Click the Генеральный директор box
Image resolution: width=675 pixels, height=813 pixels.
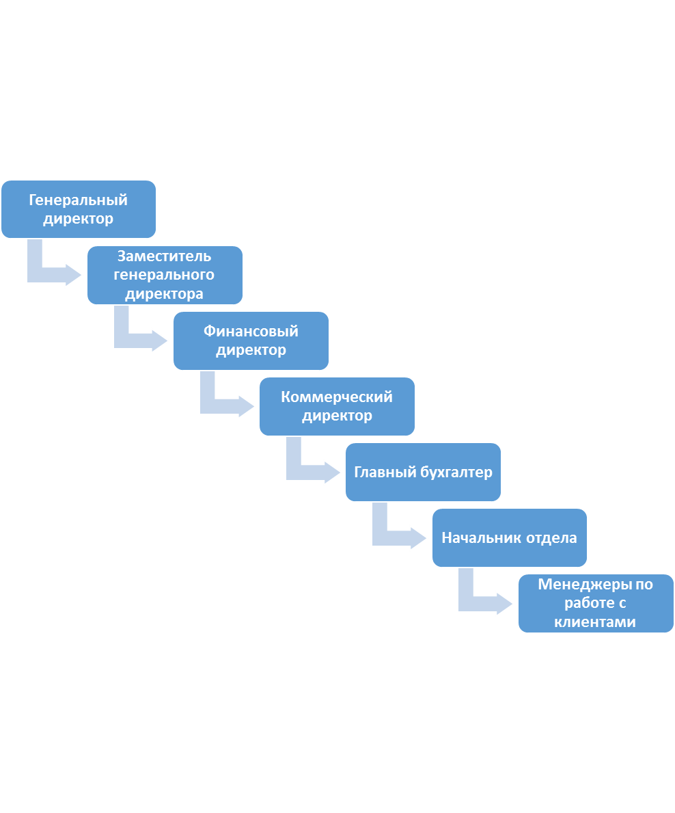coord(78,209)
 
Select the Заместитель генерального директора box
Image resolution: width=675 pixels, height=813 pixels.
coord(165,275)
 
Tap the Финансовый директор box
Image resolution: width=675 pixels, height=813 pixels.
coord(251,341)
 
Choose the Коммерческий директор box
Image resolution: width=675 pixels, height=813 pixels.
coord(337,406)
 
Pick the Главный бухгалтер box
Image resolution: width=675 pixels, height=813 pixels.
coord(423,472)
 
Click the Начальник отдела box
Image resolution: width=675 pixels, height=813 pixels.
coord(509,537)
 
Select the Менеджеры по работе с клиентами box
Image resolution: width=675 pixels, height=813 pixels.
coord(596,603)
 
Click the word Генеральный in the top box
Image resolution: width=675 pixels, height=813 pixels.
coord(78,200)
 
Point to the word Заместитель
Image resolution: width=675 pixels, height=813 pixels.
coord(164,256)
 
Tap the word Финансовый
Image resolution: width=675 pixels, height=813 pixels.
coord(251,332)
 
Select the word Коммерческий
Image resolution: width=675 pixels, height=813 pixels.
coord(337,397)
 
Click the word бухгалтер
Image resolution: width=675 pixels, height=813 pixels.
coord(456,472)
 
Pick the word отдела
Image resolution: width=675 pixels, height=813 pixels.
coord(551,538)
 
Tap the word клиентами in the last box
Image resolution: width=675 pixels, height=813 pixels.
coord(595,622)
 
